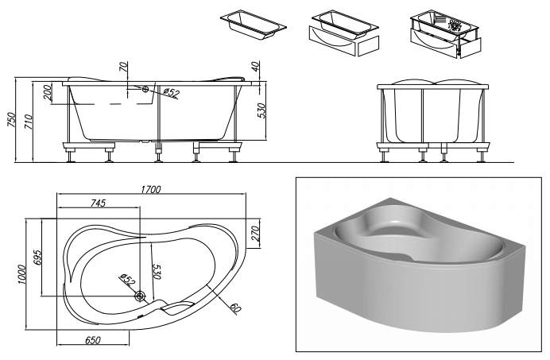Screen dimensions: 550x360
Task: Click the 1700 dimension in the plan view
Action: (x=151, y=189)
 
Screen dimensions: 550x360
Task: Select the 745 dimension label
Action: (x=99, y=203)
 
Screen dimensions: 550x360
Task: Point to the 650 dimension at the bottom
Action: (x=93, y=340)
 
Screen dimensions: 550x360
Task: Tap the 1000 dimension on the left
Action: (x=21, y=274)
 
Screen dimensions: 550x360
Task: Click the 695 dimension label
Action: (x=37, y=257)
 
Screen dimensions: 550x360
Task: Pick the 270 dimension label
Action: (x=255, y=234)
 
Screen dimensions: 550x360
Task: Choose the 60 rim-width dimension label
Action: (x=236, y=308)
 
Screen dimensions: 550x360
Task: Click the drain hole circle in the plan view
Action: (x=141, y=296)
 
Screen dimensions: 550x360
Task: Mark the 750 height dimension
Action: (x=12, y=120)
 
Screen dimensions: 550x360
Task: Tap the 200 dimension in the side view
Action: (x=48, y=93)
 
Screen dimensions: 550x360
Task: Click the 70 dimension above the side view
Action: (x=123, y=67)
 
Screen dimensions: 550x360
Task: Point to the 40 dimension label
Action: (x=256, y=66)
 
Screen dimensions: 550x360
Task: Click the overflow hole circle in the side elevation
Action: (x=145, y=89)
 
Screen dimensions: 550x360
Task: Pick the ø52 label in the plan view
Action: (x=127, y=280)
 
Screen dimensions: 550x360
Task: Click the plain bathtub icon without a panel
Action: (x=254, y=24)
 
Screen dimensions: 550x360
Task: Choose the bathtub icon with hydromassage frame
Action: (x=446, y=33)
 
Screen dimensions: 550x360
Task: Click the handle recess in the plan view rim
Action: (x=178, y=308)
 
